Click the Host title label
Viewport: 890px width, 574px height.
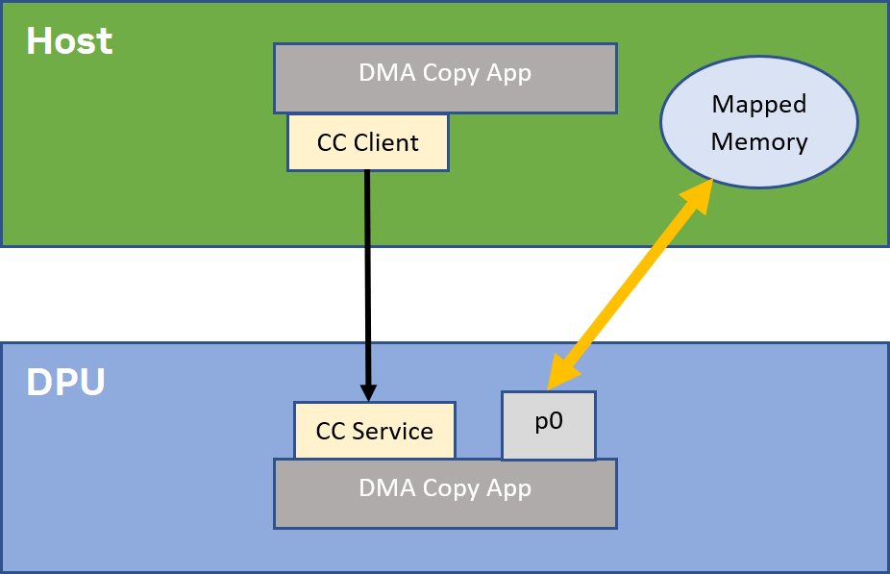[69, 41]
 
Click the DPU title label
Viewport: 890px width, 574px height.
[65, 383]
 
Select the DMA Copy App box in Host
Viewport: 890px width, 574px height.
[445, 77]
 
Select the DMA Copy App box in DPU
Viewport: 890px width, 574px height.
[445, 492]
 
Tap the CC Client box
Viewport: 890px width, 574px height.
[368, 142]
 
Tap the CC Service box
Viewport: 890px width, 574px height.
[374, 430]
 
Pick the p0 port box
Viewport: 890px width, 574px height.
[549, 424]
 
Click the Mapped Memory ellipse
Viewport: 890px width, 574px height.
[758, 122]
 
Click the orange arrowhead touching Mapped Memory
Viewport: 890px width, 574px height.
[700, 191]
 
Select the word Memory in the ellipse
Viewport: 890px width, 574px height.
[759, 142]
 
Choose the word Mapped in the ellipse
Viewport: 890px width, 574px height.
[759, 104]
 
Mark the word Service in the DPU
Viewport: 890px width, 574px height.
[397, 431]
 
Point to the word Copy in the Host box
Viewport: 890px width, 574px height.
[443, 73]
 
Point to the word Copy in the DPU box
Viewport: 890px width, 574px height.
[443, 488]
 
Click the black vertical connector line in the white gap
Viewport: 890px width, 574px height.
[368, 294]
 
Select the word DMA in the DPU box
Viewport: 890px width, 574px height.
[383, 488]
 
